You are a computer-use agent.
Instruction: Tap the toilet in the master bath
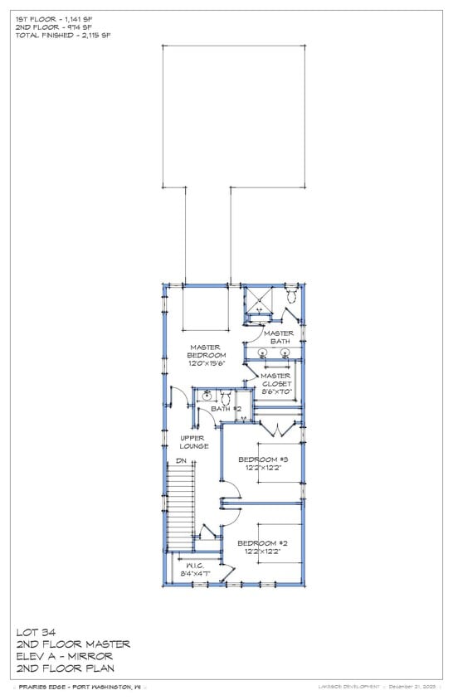click(x=292, y=296)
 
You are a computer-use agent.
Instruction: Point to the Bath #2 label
click(x=226, y=409)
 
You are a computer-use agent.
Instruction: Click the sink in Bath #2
click(x=205, y=396)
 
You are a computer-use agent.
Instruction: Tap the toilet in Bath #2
click(x=225, y=397)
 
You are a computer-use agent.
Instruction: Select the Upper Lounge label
click(x=194, y=442)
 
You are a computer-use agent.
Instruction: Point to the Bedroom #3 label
click(x=263, y=459)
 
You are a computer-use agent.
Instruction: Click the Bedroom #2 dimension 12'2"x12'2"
click(x=263, y=551)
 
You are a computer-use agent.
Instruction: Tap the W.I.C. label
click(x=194, y=565)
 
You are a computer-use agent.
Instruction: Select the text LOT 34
click(x=36, y=632)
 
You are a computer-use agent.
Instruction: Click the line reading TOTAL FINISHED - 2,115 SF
click(x=62, y=36)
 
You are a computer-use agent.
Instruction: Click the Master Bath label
click(x=279, y=337)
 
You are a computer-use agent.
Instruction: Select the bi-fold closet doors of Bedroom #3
click(x=276, y=429)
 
